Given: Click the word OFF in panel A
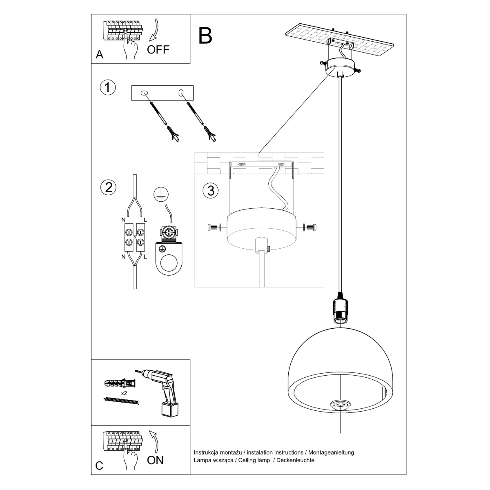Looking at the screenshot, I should click(158, 50).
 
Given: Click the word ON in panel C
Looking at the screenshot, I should click(155, 460).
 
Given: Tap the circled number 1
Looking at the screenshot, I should click(108, 88).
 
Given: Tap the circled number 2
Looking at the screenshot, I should click(108, 187).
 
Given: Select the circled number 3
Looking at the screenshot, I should click(211, 190).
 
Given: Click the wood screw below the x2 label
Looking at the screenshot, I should click(121, 401).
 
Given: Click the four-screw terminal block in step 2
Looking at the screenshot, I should click(135, 238).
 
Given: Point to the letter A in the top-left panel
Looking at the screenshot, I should click(99, 55).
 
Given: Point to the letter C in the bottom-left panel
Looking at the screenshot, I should click(99, 466).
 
